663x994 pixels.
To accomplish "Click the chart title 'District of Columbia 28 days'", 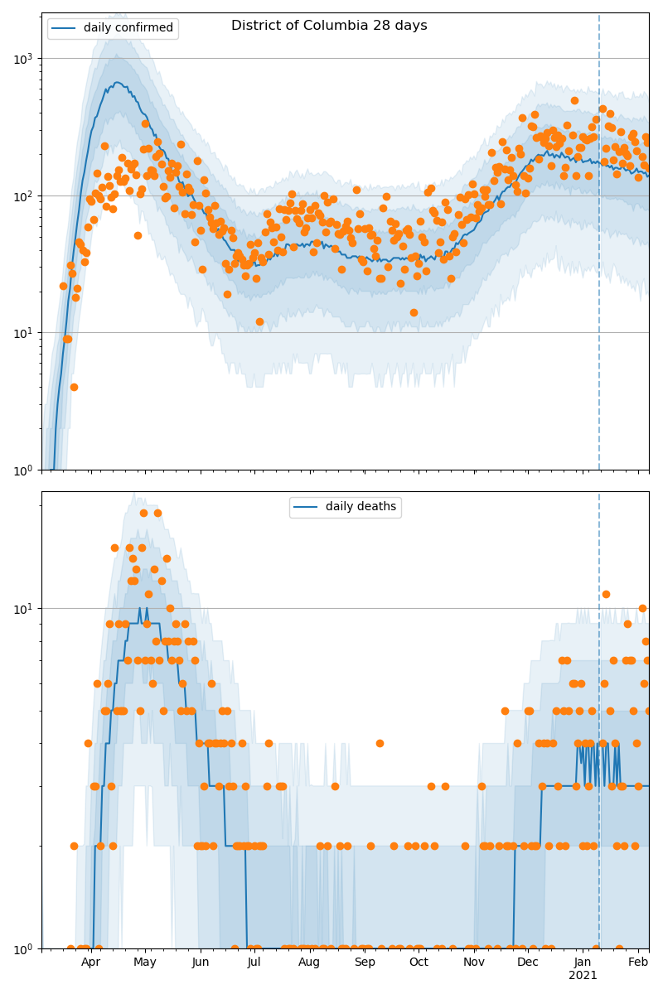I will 329,26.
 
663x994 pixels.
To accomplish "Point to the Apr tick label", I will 90,962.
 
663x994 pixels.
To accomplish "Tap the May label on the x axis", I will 145,962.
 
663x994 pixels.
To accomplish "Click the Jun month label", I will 201,962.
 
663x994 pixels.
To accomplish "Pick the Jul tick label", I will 254,962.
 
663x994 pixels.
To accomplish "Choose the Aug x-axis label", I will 309,962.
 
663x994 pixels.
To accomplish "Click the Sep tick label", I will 365,962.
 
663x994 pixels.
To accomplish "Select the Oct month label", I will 419,962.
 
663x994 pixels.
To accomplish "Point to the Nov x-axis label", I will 474,962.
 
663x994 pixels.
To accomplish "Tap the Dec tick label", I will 528,962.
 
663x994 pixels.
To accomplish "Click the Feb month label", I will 638,962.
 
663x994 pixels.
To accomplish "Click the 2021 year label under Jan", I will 583,976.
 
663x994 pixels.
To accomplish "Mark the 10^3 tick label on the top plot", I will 24,58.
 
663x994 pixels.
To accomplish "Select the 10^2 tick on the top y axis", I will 24,195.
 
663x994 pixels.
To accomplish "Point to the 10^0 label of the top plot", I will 24,470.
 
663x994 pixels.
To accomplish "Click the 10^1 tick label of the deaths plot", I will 24,608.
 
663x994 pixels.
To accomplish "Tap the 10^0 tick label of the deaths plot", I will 24,948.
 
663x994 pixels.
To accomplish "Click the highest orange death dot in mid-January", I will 606,594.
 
